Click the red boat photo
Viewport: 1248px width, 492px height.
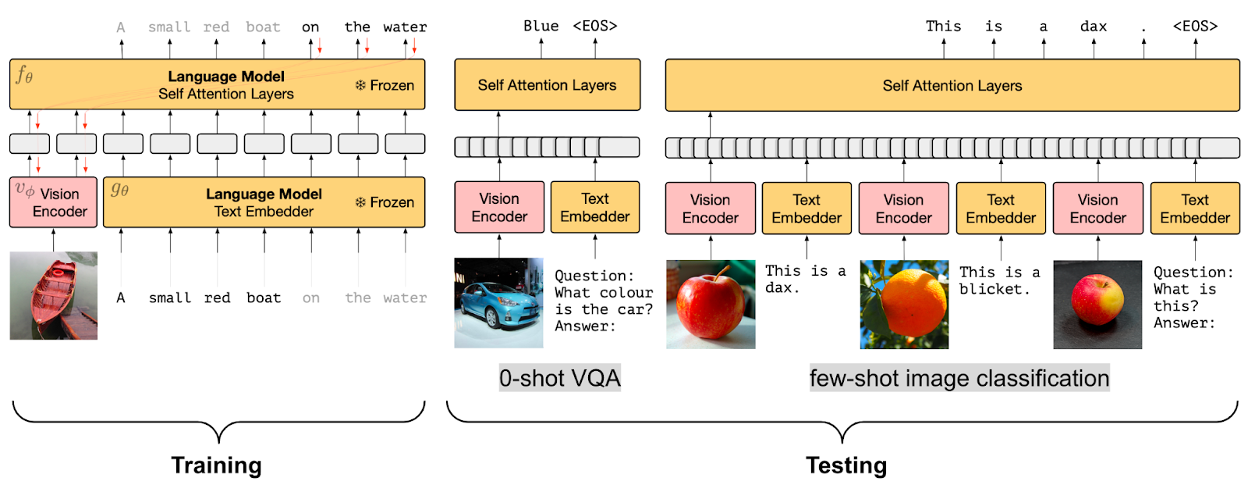click(53, 295)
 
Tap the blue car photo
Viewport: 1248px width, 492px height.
click(498, 303)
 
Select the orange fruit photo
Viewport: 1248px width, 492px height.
click(904, 304)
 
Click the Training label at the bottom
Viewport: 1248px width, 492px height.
click(216, 465)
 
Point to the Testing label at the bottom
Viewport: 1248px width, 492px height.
click(846, 465)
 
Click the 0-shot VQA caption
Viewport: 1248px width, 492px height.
click(559, 378)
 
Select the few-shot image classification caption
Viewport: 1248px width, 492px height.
click(959, 378)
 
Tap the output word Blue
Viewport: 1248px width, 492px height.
click(541, 26)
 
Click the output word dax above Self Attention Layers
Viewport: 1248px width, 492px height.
click(1093, 27)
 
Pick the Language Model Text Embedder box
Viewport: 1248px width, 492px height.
click(264, 202)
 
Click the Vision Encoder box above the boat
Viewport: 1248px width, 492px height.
click(53, 202)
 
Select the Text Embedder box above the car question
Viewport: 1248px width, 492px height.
click(594, 207)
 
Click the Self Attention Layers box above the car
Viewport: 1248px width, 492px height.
click(547, 85)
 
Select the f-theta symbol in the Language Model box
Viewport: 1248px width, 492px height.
click(24, 75)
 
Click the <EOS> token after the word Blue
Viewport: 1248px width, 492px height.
click(594, 26)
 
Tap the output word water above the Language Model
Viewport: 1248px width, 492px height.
click(405, 27)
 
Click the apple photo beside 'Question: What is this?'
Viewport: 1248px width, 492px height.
click(1097, 304)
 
